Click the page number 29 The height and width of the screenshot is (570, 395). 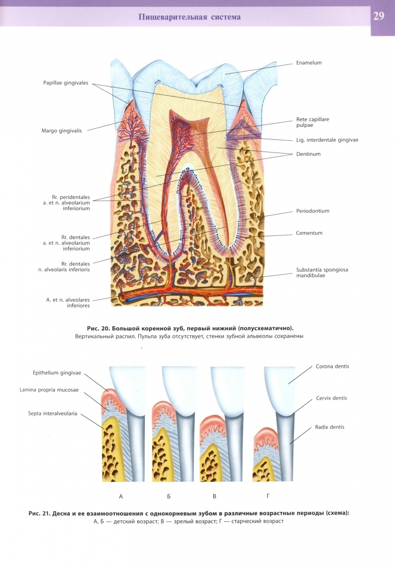[379, 16]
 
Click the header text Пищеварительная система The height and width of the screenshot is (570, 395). [189, 17]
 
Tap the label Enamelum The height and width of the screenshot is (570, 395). [309, 63]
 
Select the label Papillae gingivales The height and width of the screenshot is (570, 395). [66, 83]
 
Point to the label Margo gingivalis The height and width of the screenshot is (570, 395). [63, 130]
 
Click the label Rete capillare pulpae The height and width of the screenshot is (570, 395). [312, 122]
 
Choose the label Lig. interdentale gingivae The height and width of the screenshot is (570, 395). [327, 140]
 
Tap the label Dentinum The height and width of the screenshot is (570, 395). [308, 154]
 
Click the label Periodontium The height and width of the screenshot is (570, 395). [313, 211]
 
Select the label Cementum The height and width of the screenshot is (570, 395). [309, 233]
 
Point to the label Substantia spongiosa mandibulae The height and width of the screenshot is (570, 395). [322, 273]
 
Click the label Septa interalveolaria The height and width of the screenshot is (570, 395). [53, 414]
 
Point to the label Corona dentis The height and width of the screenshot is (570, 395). [332, 366]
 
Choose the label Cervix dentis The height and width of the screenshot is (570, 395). [331, 398]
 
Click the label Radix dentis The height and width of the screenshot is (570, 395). [329, 427]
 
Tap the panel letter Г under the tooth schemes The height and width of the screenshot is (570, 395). [268, 496]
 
